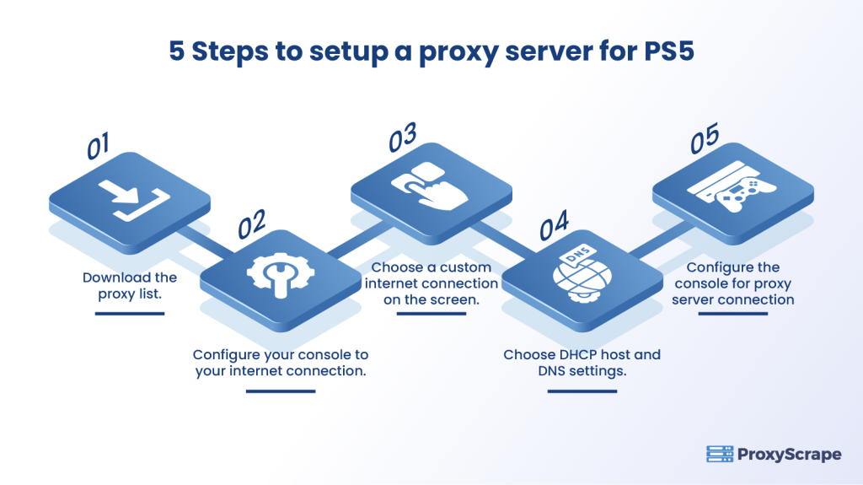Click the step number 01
pyautogui.click(x=99, y=147)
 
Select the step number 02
pyautogui.click(x=252, y=224)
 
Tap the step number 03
pyautogui.click(x=403, y=137)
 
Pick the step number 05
pyautogui.click(x=705, y=140)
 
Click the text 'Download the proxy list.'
pyautogui.click(x=130, y=284)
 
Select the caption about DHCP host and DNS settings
pyautogui.click(x=582, y=362)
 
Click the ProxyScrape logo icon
pyautogui.click(x=718, y=455)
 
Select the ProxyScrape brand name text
pyautogui.click(x=789, y=455)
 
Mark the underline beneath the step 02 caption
pyautogui.click(x=280, y=391)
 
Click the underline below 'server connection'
pyautogui.click(x=732, y=314)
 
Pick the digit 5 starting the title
pyautogui.click(x=176, y=51)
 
